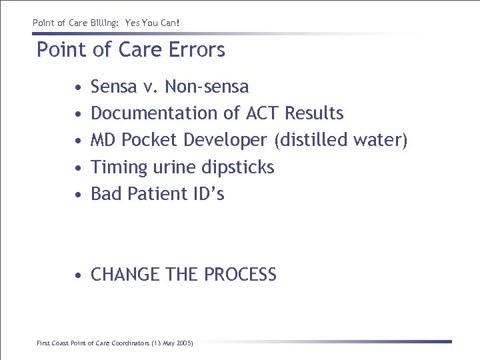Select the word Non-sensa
[x=207, y=87]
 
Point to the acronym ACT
[x=263, y=113]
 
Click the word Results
[x=314, y=113]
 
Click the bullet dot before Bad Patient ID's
[x=79, y=195]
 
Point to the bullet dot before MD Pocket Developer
[x=79, y=141]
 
